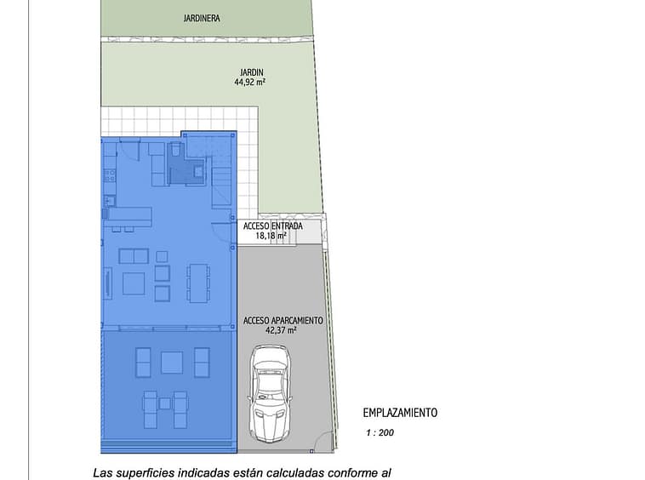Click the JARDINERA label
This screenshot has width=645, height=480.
click(202, 18)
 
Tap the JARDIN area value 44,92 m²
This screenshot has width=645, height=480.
click(249, 82)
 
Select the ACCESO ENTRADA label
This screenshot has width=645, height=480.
click(273, 226)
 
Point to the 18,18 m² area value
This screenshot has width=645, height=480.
click(271, 236)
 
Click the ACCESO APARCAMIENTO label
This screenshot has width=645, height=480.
click(283, 320)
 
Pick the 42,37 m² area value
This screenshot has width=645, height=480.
click(281, 330)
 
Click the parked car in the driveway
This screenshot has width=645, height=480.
click(270, 394)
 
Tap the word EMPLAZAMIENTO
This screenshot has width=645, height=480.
click(400, 413)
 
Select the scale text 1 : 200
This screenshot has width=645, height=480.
click(380, 432)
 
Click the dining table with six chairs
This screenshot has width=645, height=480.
click(198, 283)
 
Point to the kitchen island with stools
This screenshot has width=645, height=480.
click(128, 218)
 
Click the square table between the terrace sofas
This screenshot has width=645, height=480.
click(172, 363)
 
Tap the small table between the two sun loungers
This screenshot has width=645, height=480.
click(165, 403)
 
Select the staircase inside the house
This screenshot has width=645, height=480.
click(222, 187)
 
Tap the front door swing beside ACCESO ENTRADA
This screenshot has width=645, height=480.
click(221, 232)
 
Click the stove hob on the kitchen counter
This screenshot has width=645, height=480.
click(110, 176)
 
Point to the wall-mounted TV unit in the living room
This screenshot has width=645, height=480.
click(109, 283)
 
